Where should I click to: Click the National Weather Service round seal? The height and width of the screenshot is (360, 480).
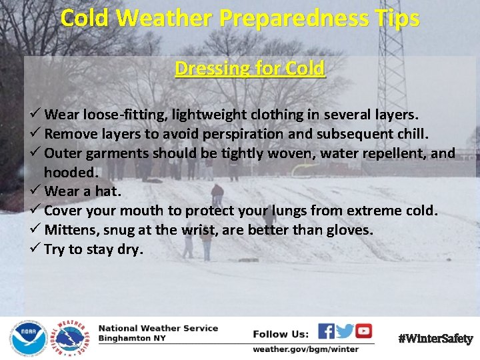pos(68,338)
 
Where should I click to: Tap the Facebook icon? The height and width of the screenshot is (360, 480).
pos(326,331)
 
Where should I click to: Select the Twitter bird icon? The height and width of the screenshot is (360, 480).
pos(345,331)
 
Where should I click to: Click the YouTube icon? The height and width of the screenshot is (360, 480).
pos(363,331)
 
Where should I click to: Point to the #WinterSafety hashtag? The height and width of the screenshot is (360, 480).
pos(435,339)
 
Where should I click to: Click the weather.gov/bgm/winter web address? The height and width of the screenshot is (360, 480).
pos(305,349)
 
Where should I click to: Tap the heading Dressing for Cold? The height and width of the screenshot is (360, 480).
pos(250,69)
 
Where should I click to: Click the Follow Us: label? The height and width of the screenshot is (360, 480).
pos(281,333)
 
